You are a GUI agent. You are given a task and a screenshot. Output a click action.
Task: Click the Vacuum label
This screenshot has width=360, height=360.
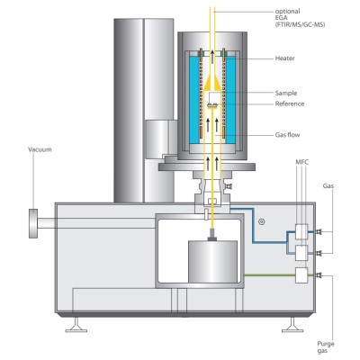pos(40,149)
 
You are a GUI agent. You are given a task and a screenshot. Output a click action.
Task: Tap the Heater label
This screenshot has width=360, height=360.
pos(285,58)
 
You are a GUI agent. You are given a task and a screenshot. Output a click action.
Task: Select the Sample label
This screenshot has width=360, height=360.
pos(286,93)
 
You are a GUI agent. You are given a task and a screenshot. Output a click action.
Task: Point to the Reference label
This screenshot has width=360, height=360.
pos(290,103)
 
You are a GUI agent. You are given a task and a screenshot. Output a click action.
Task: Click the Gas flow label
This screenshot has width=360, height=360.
pos(287,135)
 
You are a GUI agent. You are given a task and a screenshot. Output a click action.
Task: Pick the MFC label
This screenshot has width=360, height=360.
pos(301,162)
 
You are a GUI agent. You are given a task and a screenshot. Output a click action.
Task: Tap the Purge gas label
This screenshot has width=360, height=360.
pos(326,347)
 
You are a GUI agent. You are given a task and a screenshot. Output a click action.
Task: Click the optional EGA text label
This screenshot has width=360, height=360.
pos(300,18)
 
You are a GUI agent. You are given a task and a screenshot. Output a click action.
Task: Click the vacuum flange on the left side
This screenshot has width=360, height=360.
pos(33,223)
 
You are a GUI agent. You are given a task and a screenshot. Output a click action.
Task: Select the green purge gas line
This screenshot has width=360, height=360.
pos(270,275)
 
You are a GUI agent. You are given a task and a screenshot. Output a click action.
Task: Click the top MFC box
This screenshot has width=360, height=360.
pos(301,231)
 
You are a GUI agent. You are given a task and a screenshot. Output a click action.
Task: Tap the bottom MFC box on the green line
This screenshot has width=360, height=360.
pos(301,275)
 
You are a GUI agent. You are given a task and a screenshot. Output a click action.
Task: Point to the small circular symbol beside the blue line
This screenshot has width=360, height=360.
pos(262,221)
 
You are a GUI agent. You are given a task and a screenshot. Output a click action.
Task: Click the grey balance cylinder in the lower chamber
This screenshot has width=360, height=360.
pos(212,262)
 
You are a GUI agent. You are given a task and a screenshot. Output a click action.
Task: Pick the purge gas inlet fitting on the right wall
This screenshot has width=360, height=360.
pos(318,275)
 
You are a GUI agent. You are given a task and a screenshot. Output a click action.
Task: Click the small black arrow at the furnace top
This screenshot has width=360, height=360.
pos(212,57)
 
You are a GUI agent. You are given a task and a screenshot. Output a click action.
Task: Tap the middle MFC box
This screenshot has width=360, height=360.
pos(301,253)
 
